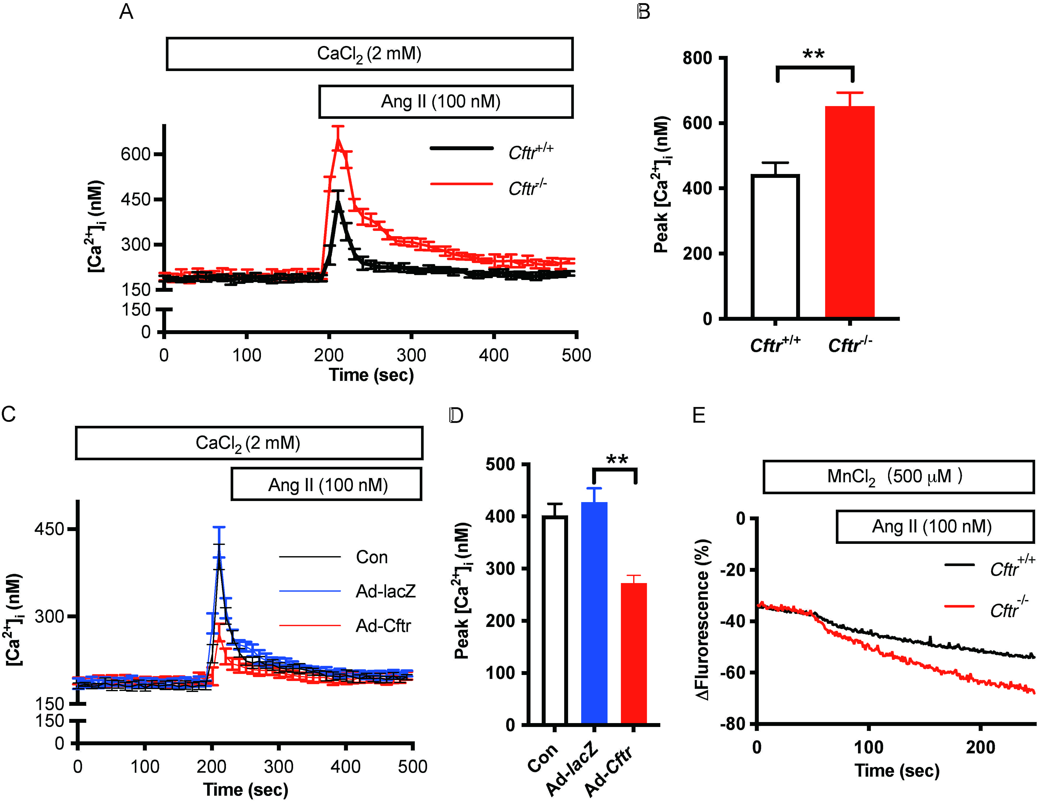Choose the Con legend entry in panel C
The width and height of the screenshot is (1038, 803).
372,557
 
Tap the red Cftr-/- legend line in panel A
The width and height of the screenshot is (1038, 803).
461,184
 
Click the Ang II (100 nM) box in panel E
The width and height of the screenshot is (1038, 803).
934,526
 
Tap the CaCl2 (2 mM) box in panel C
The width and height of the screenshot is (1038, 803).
249,443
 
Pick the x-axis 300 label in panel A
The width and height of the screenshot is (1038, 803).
411,355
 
